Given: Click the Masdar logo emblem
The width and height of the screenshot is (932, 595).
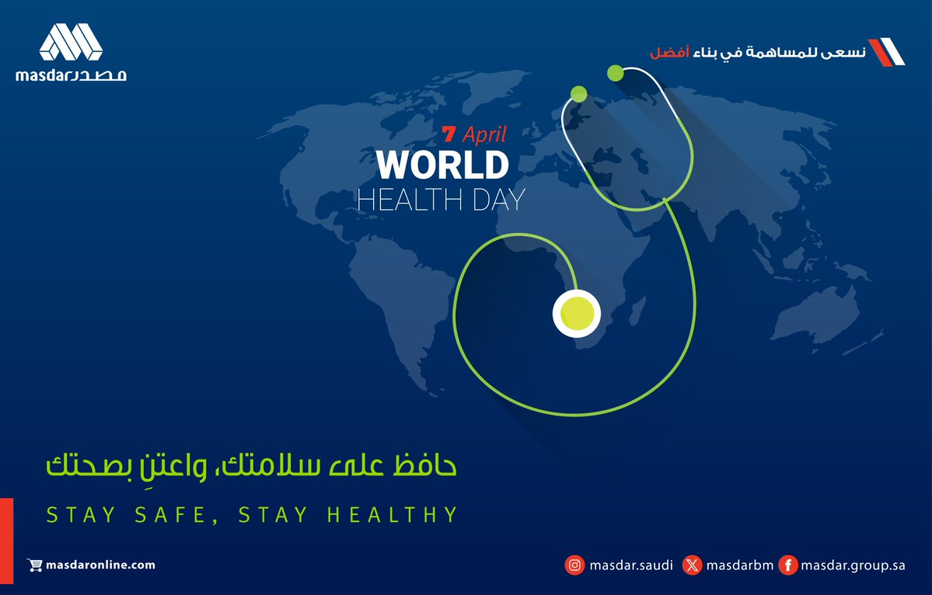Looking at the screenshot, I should [71, 43].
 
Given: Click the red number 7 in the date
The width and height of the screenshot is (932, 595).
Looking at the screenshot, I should [449, 134].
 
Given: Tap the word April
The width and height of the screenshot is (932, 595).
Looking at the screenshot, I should [484, 134].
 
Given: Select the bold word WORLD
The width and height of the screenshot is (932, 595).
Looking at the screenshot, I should [442, 165].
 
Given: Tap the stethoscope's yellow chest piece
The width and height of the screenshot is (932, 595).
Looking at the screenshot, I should [577, 313].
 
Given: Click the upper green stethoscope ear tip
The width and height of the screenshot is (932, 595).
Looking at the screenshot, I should [615, 73].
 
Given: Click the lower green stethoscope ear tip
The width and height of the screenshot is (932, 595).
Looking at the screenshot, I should [578, 94].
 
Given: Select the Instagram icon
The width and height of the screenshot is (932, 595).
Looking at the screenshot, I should [574, 565].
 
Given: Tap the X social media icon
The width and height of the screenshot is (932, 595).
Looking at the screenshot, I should [692, 565].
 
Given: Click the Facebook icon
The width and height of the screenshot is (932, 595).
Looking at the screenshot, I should [787, 565].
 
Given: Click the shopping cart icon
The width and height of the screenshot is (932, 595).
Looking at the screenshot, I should [34, 565].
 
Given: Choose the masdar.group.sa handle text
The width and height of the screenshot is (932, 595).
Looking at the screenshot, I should [853, 565].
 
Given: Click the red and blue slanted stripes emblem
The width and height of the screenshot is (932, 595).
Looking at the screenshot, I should [886, 50].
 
